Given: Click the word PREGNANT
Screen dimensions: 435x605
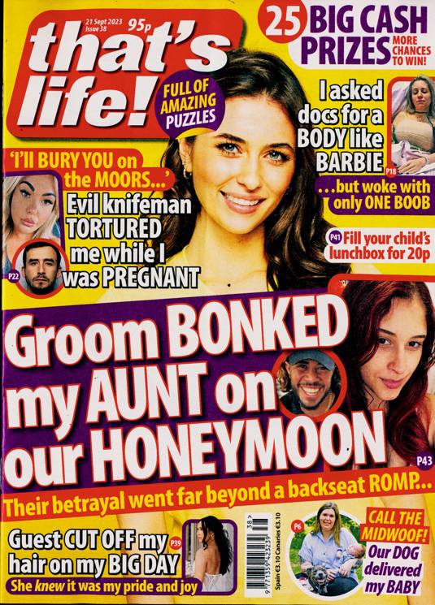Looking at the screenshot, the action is (x=141, y=275).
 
